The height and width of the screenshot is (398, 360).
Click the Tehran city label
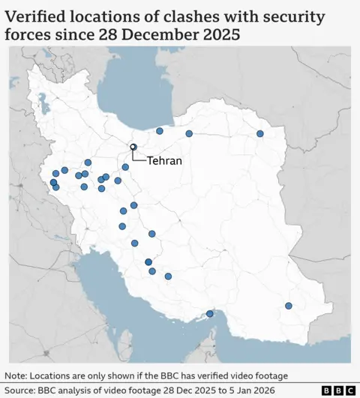164,160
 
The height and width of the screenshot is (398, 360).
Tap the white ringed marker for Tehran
133,147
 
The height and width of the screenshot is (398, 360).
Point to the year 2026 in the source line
259,391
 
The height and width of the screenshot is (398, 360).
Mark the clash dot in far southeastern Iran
289,306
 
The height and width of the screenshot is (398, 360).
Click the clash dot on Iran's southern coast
210,314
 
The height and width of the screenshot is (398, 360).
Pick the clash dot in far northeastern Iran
260,133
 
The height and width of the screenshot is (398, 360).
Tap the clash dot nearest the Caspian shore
160,131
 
